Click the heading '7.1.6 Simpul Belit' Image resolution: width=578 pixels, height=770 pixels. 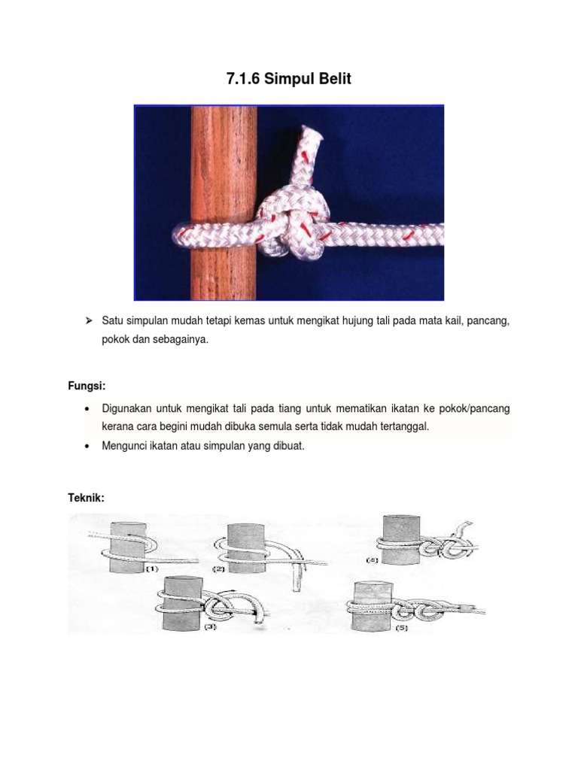[x=289, y=79]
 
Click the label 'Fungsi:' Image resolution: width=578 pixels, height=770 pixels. [x=87, y=386]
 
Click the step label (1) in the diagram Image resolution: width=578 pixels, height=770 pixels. [x=151, y=569]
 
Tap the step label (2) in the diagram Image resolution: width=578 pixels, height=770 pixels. [x=219, y=569]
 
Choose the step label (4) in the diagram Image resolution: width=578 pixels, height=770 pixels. [x=373, y=560]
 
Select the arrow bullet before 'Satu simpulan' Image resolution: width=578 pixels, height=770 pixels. [x=88, y=321]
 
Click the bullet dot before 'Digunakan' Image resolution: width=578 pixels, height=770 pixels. [x=88, y=408]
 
